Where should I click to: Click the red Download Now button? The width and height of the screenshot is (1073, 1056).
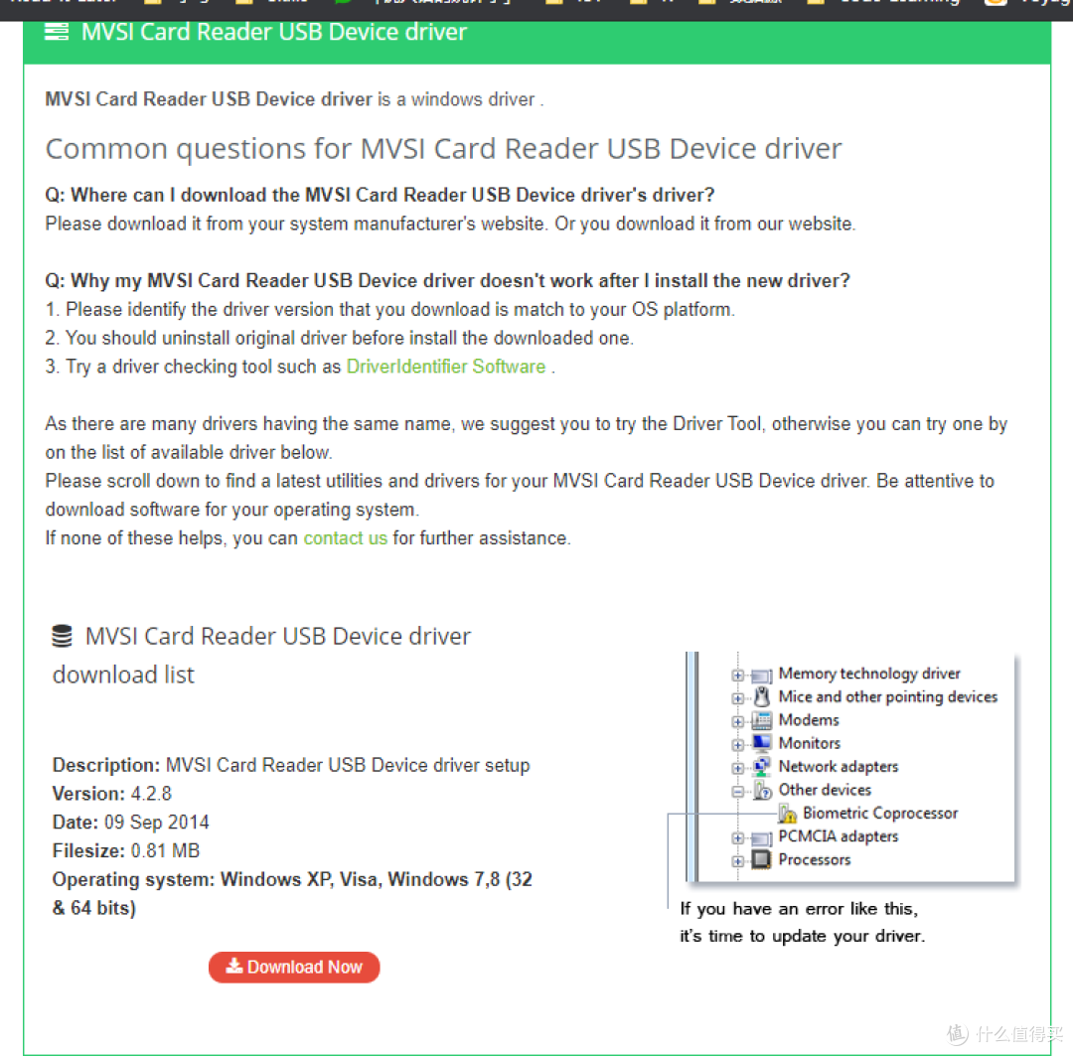tap(294, 967)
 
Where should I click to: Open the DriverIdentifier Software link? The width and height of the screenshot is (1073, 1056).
tap(445, 367)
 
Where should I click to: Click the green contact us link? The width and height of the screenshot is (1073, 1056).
tap(345, 538)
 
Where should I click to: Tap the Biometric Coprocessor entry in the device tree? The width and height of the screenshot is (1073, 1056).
tap(880, 813)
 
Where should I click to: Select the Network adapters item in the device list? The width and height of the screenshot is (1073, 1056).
tap(838, 766)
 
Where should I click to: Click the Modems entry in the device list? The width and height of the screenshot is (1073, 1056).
tap(809, 720)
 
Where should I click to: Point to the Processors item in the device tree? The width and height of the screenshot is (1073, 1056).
tap(814, 859)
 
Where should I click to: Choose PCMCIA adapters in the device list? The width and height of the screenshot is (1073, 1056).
tap(838, 836)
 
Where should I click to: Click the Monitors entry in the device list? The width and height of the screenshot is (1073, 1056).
tap(809, 743)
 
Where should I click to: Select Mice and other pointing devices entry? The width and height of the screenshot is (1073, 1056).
tap(887, 696)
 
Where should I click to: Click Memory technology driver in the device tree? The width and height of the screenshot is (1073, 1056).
tap(869, 674)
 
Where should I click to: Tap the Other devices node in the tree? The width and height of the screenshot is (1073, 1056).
tap(825, 790)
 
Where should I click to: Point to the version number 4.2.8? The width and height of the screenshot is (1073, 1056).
tap(151, 794)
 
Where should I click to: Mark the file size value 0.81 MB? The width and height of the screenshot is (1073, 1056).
tap(165, 850)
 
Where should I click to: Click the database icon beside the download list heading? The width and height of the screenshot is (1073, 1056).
tap(63, 636)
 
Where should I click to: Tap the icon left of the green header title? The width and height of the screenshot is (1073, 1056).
tap(57, 32)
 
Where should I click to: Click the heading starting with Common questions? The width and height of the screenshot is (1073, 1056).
tap(443, 149)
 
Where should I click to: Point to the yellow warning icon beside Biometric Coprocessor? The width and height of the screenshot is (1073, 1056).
tap(787, 814)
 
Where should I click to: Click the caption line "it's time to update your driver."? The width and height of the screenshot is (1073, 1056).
tap(802, 936)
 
